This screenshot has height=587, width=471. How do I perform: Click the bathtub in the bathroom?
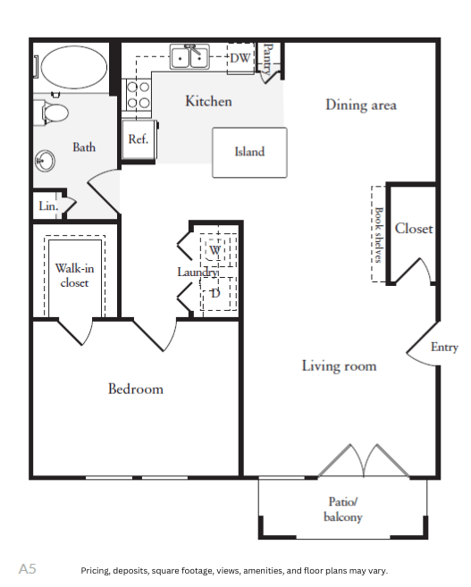[74, 67]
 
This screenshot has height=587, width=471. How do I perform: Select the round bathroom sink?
[45, 161]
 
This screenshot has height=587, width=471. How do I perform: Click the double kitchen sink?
[189, 56]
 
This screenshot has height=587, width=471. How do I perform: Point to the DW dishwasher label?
[240, 58]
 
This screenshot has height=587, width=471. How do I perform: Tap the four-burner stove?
[139, 95]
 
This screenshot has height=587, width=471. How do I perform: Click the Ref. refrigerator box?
[139, 139]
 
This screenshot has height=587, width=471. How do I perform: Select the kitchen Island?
[249, 153]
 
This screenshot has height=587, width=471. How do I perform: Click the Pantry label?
[267, 59]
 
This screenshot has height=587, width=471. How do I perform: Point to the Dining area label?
[361, 105]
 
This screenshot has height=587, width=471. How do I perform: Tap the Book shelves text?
[379, 235]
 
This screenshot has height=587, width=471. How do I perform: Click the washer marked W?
[214, 250]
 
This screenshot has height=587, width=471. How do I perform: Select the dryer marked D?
[215, 294]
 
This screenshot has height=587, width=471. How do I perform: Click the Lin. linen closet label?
[48, 205]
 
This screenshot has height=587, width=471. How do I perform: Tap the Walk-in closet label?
[74, 275]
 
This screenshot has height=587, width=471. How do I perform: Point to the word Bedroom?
[136, 389]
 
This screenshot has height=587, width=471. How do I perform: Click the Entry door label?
[444, 348]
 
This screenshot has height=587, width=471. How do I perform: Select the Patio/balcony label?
[343, 509]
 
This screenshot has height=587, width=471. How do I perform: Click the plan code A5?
[28, 569]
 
